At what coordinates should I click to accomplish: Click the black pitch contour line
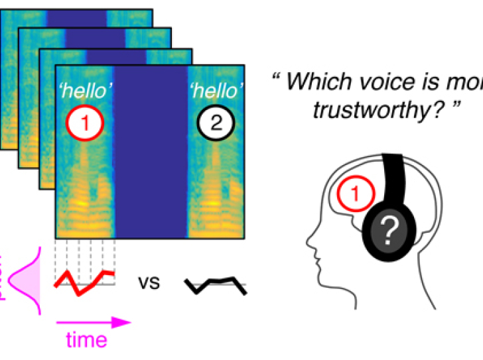[216, 284]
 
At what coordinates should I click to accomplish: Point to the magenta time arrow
[93, 322]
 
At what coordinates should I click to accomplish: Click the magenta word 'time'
[86, 339]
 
